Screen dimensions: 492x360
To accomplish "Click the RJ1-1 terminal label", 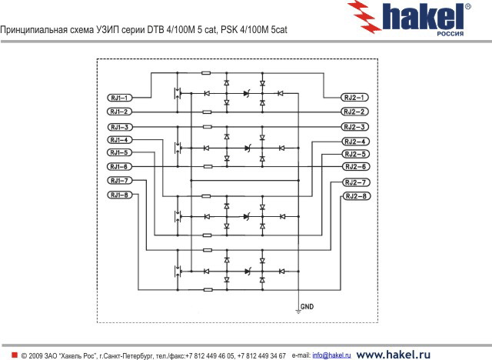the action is point(120,98).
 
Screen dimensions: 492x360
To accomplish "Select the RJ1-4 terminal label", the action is point(120,140).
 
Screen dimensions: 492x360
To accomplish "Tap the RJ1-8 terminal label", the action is point(120,195).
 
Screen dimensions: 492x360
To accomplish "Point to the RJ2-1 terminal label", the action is point(354,98).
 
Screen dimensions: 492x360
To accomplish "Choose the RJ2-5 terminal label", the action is point(355,154).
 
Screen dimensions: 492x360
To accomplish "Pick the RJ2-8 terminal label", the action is point(356,196).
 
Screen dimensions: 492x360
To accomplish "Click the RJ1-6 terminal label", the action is point(120,167).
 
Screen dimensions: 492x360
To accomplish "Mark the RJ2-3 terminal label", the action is point(354,127).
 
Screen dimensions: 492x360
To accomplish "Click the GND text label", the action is point(307,307).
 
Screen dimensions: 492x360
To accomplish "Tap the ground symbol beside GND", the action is point(298,312).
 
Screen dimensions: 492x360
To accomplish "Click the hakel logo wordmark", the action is point(422,17).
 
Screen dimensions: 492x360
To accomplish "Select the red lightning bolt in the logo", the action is point(364,16).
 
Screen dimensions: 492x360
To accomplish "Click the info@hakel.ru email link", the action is point(331,355).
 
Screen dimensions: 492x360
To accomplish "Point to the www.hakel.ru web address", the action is point(393,355).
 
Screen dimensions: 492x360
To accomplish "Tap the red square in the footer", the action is point(15,355).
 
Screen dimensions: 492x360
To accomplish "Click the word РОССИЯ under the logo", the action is point(450,34).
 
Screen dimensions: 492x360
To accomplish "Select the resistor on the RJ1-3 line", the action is point(207,127).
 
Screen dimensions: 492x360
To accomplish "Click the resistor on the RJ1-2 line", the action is point(207,112).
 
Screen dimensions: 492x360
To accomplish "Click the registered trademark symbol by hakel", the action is point(467,7).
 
